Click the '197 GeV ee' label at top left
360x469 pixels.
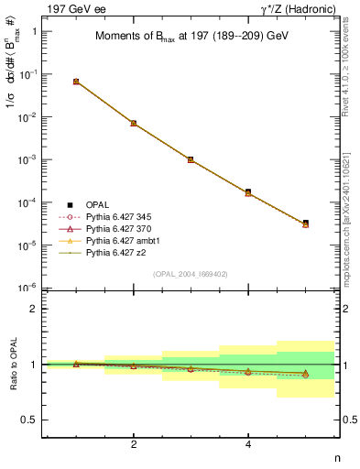[x=73, y=9]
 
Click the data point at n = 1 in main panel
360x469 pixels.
[x=76, y=82]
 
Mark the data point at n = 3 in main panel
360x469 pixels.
[x=191, y=159]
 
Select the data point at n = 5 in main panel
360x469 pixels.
[x=305, y=223]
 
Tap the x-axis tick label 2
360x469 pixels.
[x=134, y=444]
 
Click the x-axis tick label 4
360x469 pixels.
[x=248, y=444]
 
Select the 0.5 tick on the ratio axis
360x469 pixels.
[x=29, y=420]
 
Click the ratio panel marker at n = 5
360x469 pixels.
[x=305, y=374]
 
